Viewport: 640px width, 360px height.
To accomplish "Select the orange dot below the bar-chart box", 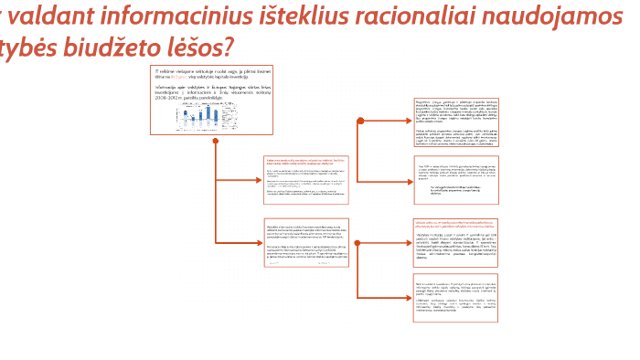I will [x=215, y=142].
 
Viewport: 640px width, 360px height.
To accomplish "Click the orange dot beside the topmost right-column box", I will [x=360, y=122].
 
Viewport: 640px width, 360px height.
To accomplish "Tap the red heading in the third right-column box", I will [x=453, y=224].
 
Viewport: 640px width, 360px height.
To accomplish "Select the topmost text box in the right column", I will [x=454, y=122].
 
